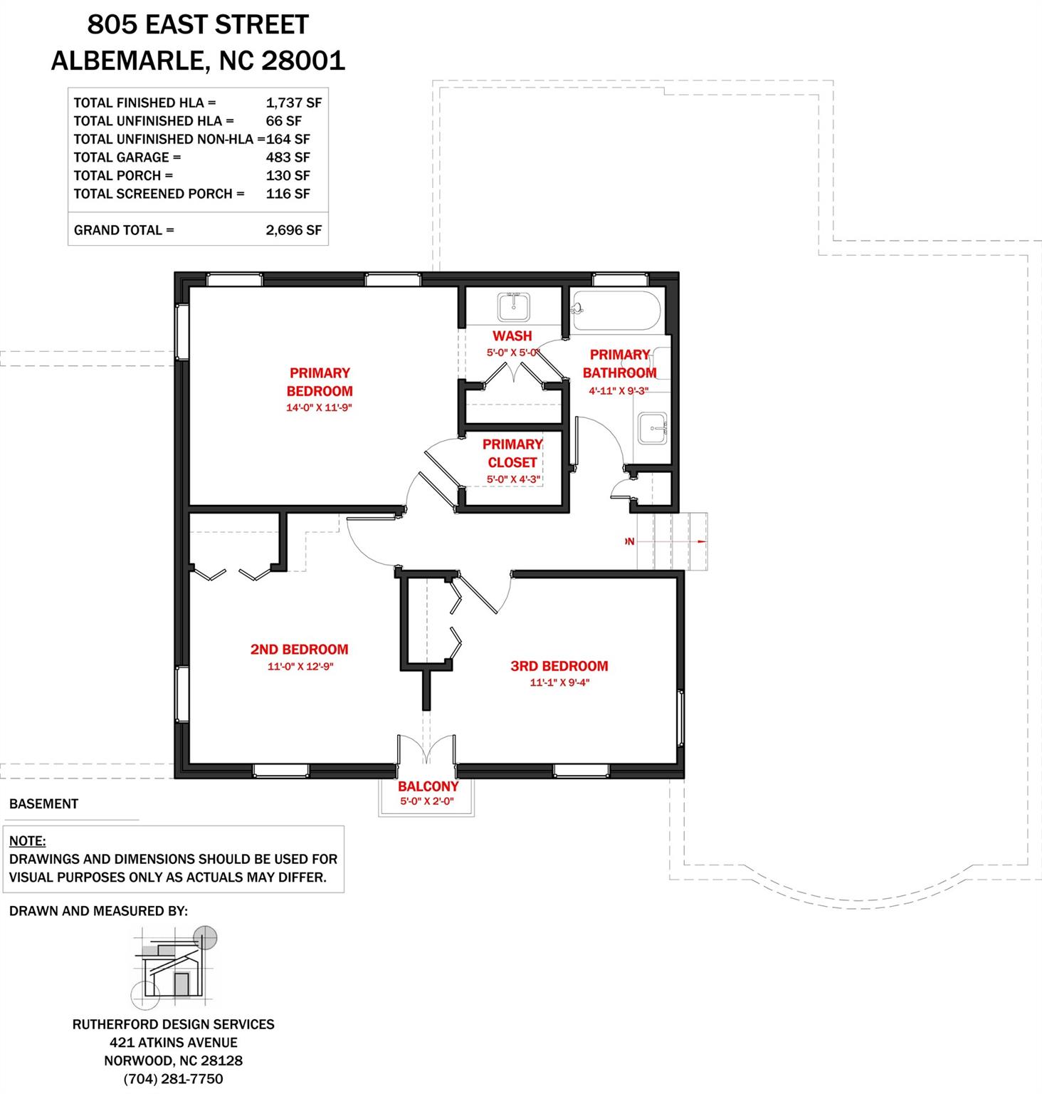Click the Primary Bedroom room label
click(320, 382)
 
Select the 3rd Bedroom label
click(559, 666)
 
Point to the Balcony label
click(428, 786)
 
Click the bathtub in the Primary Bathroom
click(616, 311)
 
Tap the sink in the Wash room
click(512, 308)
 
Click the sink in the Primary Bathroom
click(652, 427)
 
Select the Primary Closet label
click(512, 453)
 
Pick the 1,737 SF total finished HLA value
click(293, 103)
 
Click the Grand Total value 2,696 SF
click(293, 230)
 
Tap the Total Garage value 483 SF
click(288, 157)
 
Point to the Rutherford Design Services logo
click(174, 965)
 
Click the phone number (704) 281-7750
click(173, 1079)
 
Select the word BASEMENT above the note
click(43, 803)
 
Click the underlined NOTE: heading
click(27, 841)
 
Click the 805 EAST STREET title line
click(198, 25)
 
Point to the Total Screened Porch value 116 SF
click(288, 194)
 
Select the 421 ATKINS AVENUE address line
click(173, 1042)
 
